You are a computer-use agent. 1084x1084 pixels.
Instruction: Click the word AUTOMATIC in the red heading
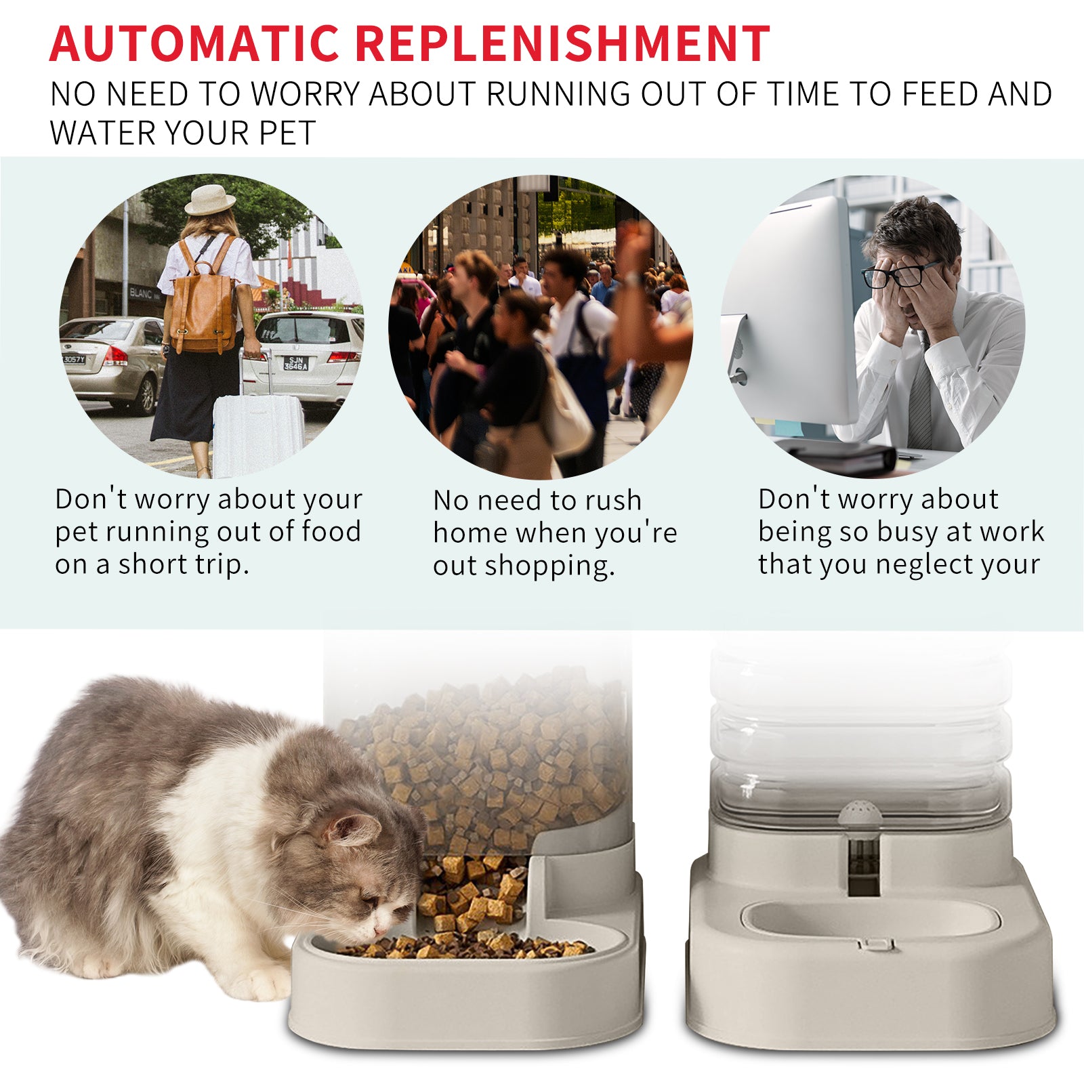(x=194, y=44)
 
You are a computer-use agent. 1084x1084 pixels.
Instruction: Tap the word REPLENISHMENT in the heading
(x=562, y=44)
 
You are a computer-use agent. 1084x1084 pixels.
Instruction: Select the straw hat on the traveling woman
(x=210, y=199)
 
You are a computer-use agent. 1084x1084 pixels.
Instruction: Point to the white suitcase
(x=257, y=434)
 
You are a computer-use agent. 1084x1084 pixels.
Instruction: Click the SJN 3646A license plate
(x=295, y=363)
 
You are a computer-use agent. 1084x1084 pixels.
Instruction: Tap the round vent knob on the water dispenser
(x=860, y=812)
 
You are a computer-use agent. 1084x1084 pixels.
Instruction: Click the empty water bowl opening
(x=871, y=919)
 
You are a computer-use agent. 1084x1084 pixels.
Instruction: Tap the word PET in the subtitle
(x=287, y=133)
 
